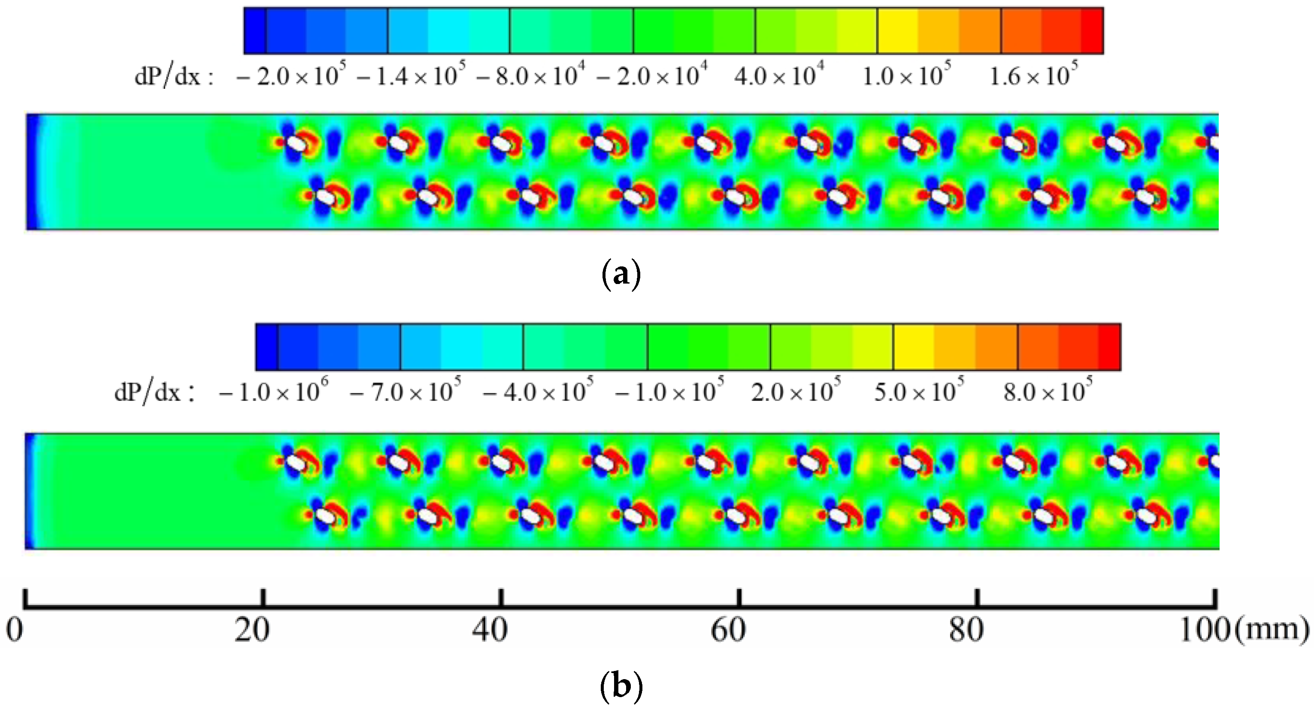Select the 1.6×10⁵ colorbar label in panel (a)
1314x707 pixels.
(1033, 76)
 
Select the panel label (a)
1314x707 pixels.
(621, 275)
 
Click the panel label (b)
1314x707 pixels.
(621, 686)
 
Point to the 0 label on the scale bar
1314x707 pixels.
(14, 629)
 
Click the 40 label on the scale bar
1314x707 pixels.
(489, 629)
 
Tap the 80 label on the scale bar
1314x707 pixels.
(966, 629)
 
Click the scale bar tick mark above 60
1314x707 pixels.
(739, 598)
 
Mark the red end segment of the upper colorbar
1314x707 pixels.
(1092, 30)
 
